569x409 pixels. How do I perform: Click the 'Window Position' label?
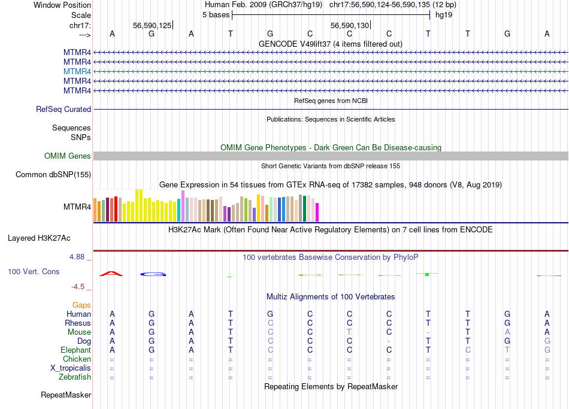[x=62, y=5]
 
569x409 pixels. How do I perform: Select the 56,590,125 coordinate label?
[x=152, y=25]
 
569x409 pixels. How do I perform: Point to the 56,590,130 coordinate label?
[x=350, y=25]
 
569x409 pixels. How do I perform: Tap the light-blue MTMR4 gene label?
[x=77, y=71]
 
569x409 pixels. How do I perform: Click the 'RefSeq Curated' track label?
[x=63, y=110]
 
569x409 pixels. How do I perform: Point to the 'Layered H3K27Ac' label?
[x=39, y=238]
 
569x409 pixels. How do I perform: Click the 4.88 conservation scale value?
[x=78, y=257]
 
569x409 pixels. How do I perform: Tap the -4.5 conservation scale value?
[x=81, y=287]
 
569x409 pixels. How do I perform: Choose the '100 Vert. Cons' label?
[x=34, y=272]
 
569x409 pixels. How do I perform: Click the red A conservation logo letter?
[x=111, y=274]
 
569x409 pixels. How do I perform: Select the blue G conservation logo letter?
[x=153, y=274]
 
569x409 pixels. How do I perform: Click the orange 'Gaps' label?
[x=81, y=305]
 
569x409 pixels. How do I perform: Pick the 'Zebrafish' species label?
[x=75, y=377]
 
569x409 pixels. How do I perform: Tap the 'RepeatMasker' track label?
[x=66, y=395]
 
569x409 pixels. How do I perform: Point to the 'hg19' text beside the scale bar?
[x=444, y=15]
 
